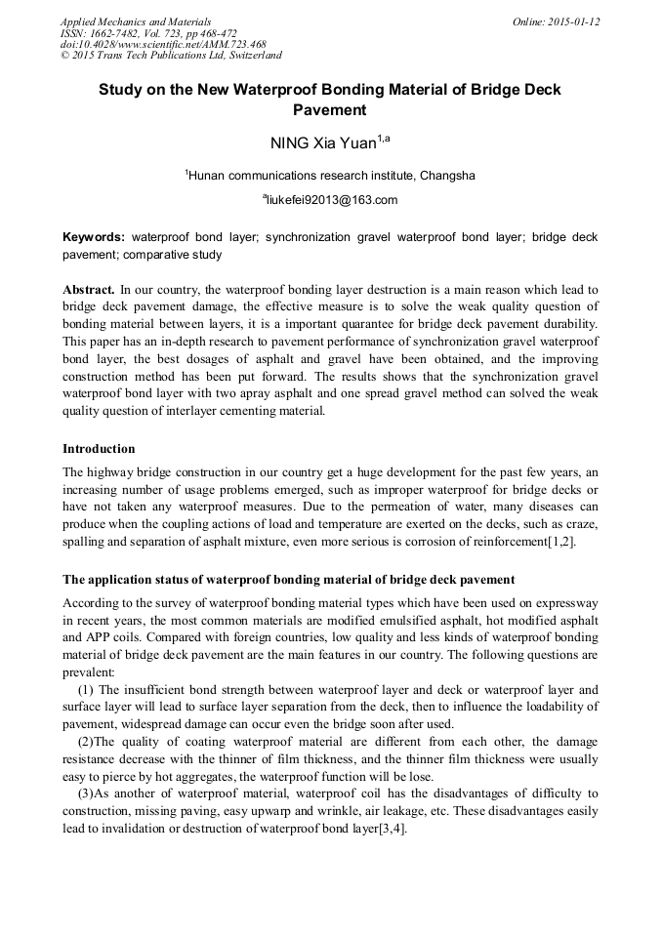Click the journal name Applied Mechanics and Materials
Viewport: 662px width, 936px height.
tap(135, 21)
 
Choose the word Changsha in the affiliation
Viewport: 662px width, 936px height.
tap(448, 176)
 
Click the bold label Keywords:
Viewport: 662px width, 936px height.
tap(94, 237)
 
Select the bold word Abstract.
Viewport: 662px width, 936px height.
tap(88, 290)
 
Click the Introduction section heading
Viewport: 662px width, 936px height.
tap(99, 449)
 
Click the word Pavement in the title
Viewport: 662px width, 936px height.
tap(330, 110)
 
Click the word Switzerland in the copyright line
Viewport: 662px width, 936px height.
tap(248, 57)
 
